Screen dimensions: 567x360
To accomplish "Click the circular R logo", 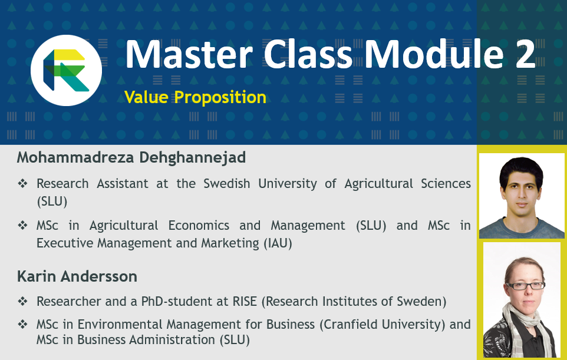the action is [66, 71].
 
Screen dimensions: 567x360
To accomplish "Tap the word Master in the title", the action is [189, 54].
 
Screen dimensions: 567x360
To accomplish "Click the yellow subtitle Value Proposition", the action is [195, 97].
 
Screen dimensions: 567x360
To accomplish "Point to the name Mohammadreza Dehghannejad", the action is [131, 157].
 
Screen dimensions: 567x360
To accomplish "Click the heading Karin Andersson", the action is [77, 276].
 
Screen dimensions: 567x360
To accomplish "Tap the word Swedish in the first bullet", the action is [226, 184].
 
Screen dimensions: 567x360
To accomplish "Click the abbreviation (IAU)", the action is [278, 243].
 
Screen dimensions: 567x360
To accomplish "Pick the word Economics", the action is [199, 226].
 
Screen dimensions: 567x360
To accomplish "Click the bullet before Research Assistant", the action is [22, 184].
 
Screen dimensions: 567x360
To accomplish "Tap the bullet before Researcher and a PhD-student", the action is [22, 302].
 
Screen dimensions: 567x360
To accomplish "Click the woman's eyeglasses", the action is [525, 286].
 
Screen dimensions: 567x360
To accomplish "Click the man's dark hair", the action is [521, 170].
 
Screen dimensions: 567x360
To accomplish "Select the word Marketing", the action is [230, 243].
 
